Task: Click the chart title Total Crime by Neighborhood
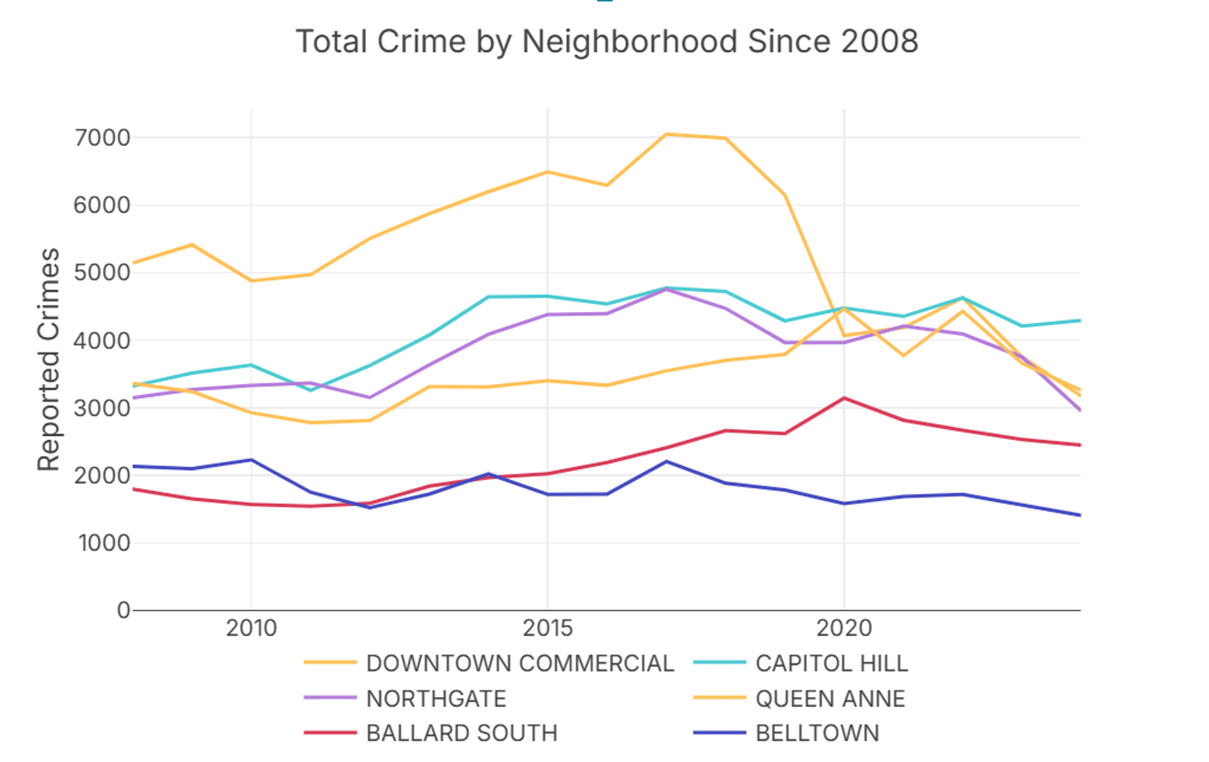[x=607, y=42]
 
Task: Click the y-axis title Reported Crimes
[x=48, y=359]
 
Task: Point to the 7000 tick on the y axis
[x=102, y=137]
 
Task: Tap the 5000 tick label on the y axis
[x=102, y=272]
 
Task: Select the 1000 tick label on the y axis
[x=104, y=543]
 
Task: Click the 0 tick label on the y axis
[x=123, y=610]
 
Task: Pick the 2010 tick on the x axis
[x=251, y=628]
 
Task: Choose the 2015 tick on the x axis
[x=548, y=628]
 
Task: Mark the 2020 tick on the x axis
[x=844, y=628]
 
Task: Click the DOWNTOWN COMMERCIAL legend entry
[x=519, y=663]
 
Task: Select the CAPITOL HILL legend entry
[x=831, y=663]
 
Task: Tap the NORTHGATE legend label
[x=436, y=698]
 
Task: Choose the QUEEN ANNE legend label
[x=830, y=698]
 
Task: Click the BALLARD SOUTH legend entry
[x=461, y=733]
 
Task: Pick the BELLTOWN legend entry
[x=817, y=733]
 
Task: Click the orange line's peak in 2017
[x=666, y=134]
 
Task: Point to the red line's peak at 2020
[x=844, y=398]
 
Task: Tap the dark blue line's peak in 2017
[x=666, y=462]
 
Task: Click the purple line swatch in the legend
[x=330, y=698]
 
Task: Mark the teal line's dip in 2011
[x=310, y=390]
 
